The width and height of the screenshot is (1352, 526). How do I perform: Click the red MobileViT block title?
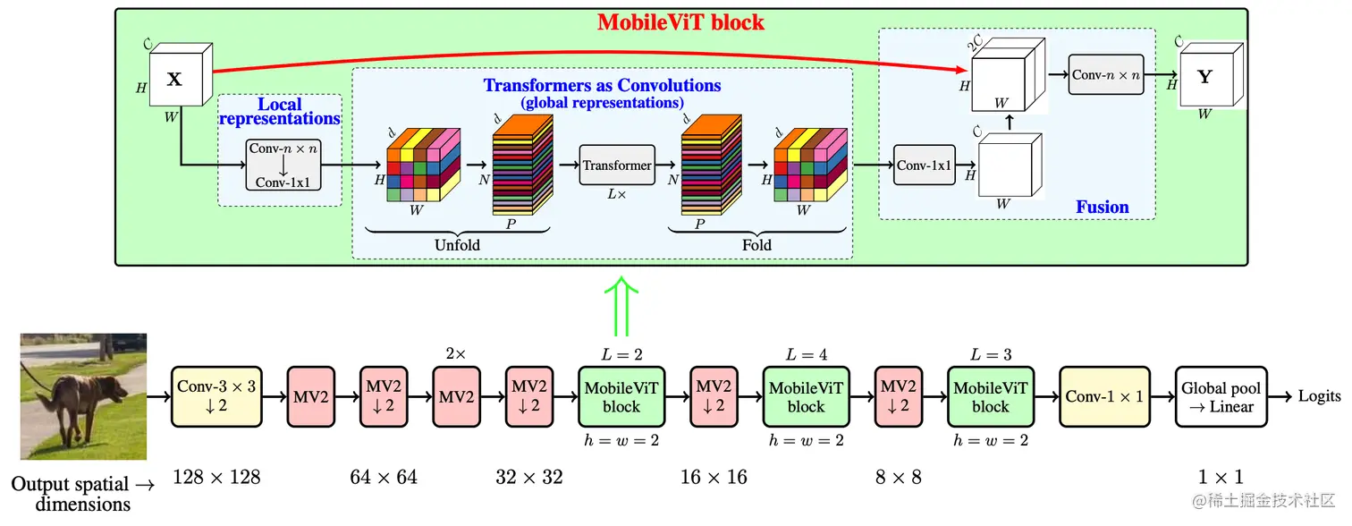[680, 22]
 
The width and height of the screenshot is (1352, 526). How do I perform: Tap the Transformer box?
[617, 165]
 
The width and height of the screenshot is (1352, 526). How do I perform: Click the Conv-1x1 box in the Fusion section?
[925, 165]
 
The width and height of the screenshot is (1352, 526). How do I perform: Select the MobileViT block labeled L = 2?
[621, 396]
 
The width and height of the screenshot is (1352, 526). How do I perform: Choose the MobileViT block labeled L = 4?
[806, 396]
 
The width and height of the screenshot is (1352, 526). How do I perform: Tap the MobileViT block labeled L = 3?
[990, 396]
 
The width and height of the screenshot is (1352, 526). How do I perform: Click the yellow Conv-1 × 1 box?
[1104, 396]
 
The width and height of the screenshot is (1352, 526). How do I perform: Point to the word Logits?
[1319, 396]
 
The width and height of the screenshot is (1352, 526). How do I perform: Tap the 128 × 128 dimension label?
[216, 477]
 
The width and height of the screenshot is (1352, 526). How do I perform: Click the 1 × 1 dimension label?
[1220, 477]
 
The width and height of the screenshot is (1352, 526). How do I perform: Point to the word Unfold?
[457, 245]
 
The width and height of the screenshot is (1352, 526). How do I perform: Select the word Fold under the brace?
[756, 245]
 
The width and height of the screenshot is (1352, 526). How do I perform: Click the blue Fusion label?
[1102, 207]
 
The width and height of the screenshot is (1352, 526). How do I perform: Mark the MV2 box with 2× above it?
[456, 396]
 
